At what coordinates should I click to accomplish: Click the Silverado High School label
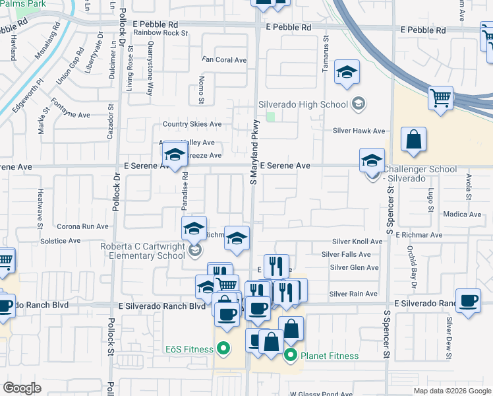coord(303,104)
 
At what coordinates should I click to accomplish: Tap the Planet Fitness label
coord(330,356)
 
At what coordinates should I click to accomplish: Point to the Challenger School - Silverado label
coord(419,174)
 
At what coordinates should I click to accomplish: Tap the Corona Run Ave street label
coord(82,226)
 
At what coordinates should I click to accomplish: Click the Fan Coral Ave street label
coord(224,60)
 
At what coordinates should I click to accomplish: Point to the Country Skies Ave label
coord(192,124)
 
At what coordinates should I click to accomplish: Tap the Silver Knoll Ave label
coord(357,242)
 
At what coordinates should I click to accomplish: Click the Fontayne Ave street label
coord(71,115)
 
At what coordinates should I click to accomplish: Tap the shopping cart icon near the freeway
coord(440,99)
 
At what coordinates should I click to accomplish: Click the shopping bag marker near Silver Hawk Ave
coord(413,140)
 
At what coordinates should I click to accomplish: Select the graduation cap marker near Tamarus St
coord(346,73)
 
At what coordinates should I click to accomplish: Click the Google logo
coord(22,388)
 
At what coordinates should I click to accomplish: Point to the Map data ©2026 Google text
coord(451,390)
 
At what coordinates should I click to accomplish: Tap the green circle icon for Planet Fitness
coord(290,356)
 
